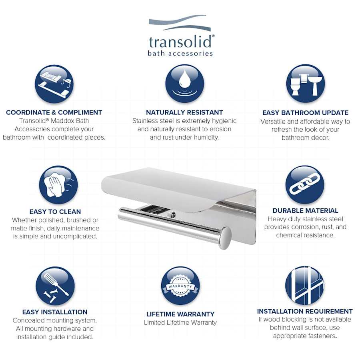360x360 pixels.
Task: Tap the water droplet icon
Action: (184, 84)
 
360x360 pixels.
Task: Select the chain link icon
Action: (304, 184)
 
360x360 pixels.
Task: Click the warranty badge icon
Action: (180, 286)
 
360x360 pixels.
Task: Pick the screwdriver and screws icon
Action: (55, 286)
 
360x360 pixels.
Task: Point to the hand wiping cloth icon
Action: (58, 185)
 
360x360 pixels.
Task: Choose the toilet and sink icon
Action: (305, 84)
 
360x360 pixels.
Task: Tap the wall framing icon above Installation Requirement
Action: (304, 285)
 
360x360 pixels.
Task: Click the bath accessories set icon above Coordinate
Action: (54, 84)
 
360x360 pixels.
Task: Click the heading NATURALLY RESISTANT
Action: (184, 112)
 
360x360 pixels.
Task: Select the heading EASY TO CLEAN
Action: (55, 212)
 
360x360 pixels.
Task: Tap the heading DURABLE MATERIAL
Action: (305, 210)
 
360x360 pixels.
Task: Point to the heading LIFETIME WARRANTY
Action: (180, 314)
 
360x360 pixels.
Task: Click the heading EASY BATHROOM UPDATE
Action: (305, 113)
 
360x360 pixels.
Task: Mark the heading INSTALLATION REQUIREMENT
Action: (305, 311)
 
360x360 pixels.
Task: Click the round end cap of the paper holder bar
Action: (225, 238)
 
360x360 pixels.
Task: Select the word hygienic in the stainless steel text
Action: (223, 121)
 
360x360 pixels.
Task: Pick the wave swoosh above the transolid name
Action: (180, 23)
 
